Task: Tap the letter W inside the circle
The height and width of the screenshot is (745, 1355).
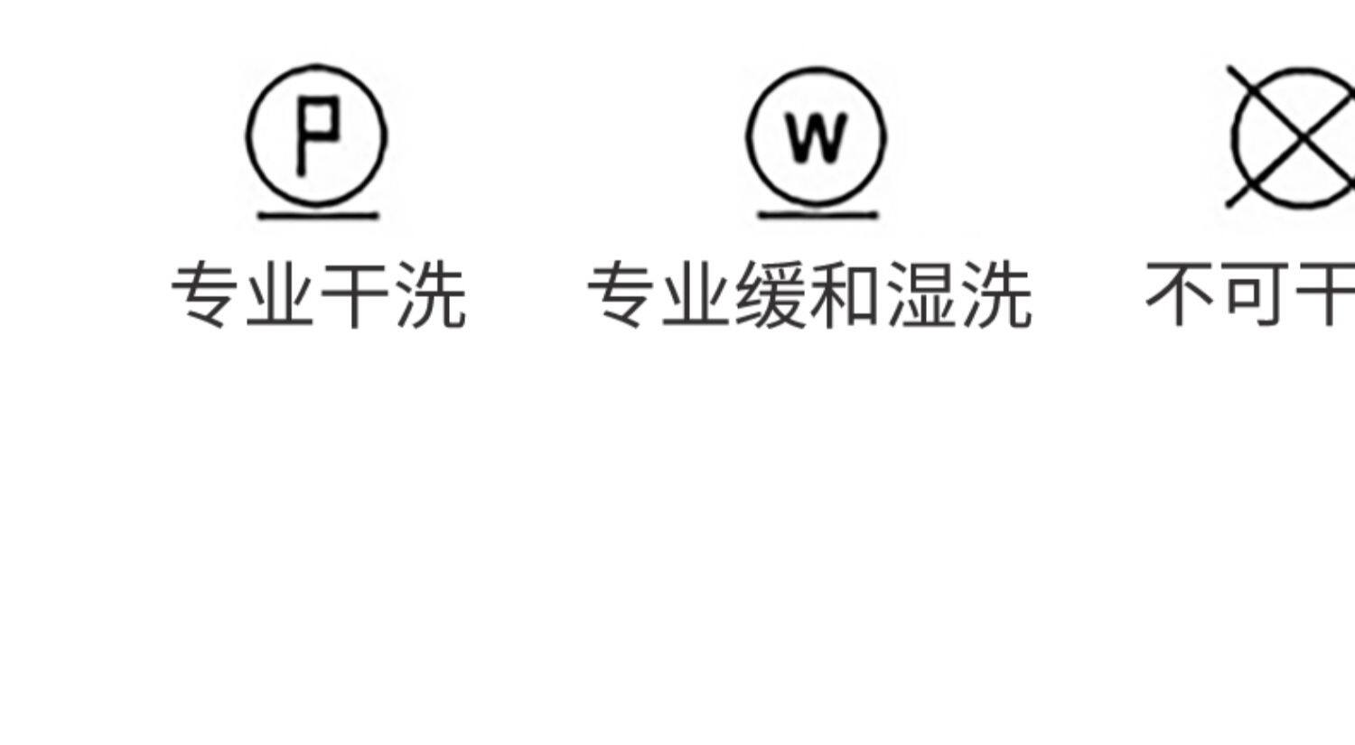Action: (x=817, y=138)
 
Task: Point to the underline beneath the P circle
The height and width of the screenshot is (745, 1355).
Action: (x=317, y=216)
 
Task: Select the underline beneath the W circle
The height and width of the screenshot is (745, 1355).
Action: (x=817, y=216)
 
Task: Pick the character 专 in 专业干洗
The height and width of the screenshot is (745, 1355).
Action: (x=206, y=294)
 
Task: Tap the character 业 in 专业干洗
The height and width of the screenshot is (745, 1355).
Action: (x=281, y=294)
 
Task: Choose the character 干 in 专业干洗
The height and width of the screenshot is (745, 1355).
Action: (x=355, y=294)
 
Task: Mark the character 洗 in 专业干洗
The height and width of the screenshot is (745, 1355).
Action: (x=431, y=294)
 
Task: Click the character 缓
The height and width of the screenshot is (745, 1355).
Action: (x=772, y=294)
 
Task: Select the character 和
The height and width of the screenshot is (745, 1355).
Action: (x=846, y=294)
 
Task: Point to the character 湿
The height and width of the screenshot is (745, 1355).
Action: (x=921, y=294)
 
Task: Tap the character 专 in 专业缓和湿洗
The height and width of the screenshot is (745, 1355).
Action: (x=623, y=294)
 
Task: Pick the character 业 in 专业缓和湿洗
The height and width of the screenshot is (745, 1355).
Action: (x=697, y=294)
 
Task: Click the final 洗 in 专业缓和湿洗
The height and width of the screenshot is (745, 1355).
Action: (x=996, y=294)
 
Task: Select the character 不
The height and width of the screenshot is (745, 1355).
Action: (x=1180, y=294)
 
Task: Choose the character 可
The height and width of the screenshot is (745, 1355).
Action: (x=1255, y=294)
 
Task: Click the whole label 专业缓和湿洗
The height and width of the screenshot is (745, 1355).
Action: (x=809, y=294)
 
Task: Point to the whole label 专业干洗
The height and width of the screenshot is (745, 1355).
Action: (x=318, y=294)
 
